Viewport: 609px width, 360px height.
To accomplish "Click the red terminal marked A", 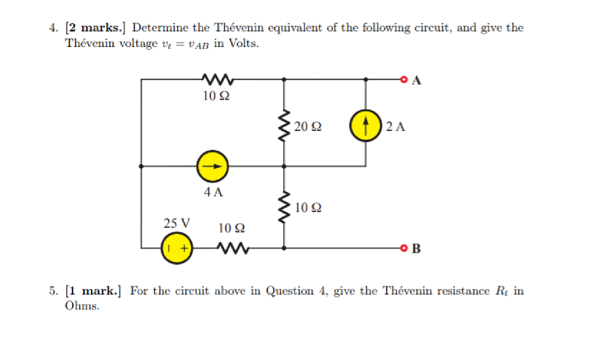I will point(404,79).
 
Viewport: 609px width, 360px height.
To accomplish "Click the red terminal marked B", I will point(404,248).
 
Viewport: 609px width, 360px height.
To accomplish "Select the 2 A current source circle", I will point(365,126).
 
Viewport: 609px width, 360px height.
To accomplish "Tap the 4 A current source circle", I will point(212,167).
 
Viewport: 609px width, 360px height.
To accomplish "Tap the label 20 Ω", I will point(308,126).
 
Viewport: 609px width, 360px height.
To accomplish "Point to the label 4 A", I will point(213,192).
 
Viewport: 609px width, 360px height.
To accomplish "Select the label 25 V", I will point(177,223).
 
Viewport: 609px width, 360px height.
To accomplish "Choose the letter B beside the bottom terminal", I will point(416,249).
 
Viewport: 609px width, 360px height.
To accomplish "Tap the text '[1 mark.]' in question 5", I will point(93,291).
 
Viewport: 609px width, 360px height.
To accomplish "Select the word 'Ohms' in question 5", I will point(81,306).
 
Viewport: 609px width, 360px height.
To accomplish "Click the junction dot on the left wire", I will point(141,167).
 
